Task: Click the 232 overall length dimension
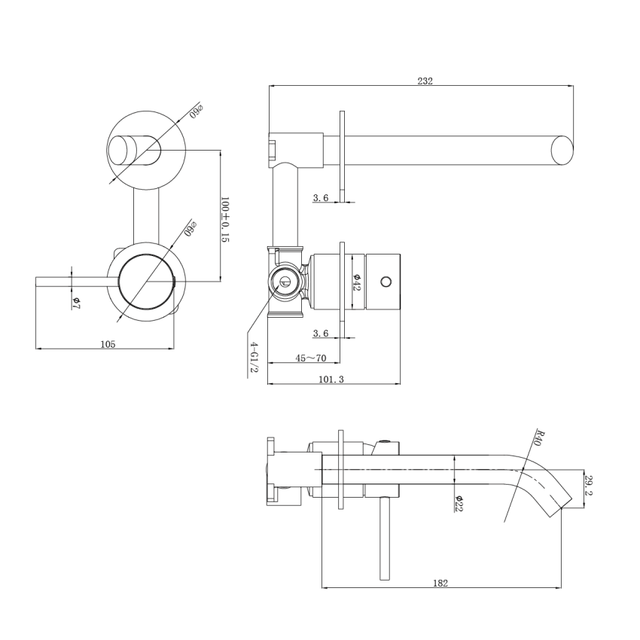click(425, 81)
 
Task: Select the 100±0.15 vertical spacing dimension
click(224, 219)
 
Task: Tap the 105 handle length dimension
click(108, 344)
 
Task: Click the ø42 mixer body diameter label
click(357, 282)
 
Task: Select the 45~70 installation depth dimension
click(311, 358)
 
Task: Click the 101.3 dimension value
click(331, 379)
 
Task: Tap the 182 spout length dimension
click(441, 583)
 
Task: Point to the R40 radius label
click(538, 437)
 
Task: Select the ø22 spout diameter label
click(458, 503)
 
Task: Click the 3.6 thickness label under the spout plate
click(321, 197)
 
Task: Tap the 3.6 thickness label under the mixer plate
click(321, 333)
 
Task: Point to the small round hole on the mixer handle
click(386, 282)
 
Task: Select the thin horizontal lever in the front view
click(75, 282)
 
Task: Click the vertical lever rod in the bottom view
click(386, 538)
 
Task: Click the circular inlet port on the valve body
click(285, 283)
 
